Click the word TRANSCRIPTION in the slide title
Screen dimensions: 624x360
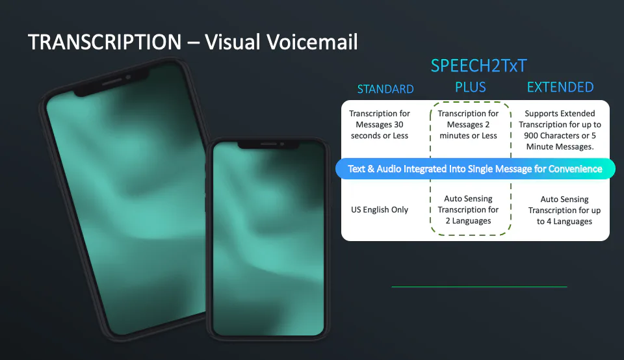tap(105, 42)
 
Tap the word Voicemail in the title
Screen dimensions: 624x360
tap(312, 42)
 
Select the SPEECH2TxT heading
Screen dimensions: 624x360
tap(479, 66)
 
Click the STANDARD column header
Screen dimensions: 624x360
tap(385, 89)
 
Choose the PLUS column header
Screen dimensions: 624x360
tap(471, 87)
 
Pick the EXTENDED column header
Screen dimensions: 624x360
tap(560, 87)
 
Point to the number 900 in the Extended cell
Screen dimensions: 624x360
tap(531, 136)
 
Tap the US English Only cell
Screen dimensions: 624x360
tap(380, 210)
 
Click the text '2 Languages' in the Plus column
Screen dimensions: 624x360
tap(469, 221)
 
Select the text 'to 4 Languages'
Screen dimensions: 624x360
tap(564, 222)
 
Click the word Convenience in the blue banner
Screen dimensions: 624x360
tap(575, 169)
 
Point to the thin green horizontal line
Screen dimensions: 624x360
tap(479, 287)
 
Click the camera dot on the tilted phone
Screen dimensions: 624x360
tap(128, 77)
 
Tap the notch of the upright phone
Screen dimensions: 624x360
tap(268, 145)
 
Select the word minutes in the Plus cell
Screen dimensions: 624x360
tap(454, 136)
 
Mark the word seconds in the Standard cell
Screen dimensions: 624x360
tap(365, 136)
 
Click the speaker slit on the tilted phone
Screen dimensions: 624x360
tap(112, 81)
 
